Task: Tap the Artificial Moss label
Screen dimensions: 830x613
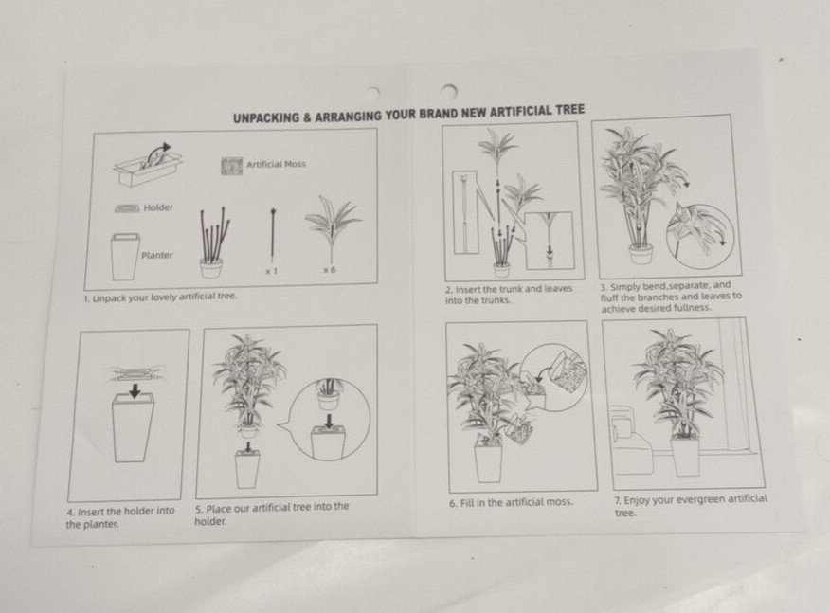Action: tap(277, 164)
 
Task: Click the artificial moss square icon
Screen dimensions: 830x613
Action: tap(231, 166)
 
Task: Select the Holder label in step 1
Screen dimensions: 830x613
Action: tap(158, 207)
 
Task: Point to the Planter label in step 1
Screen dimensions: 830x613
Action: tap(156, 255)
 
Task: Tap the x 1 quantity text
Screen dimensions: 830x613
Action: tap(271, 271)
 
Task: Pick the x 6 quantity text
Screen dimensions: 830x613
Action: tap(330, 270)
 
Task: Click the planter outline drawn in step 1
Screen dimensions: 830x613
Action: tap(125, 258)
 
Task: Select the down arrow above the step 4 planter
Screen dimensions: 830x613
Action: tap(135, 390)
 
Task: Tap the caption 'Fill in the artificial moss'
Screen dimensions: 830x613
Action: tap(511, 502)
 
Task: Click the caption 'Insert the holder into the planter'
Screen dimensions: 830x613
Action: tap(120, 517)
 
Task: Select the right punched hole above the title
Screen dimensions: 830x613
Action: tap(449, 91)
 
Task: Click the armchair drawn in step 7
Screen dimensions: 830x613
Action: tap(631, 441)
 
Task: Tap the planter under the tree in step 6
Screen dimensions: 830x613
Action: tap(488, 462)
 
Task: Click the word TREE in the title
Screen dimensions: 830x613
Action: tap(570, 110)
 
